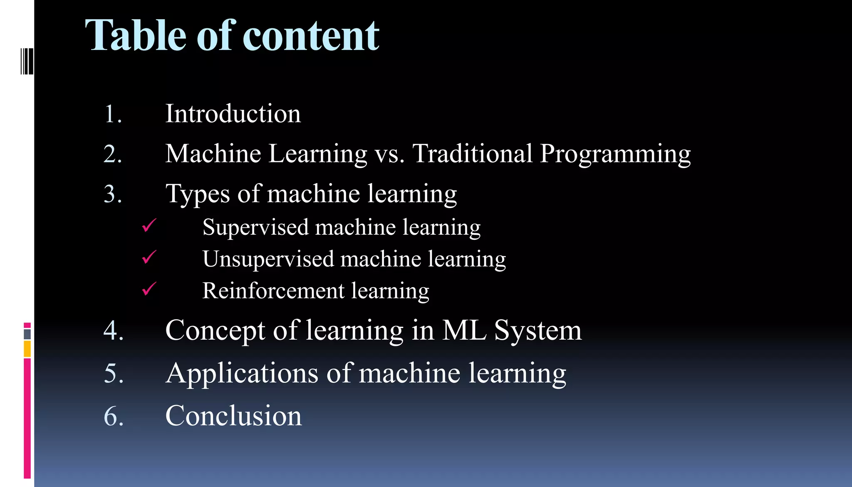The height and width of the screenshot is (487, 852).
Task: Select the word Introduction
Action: pos(233,114)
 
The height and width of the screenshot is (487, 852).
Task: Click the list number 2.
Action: pos(112,154)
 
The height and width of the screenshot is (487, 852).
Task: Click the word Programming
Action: pos(615,154)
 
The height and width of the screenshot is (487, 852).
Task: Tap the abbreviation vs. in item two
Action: pos(389,154)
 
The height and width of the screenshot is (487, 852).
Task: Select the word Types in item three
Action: pos(198,194)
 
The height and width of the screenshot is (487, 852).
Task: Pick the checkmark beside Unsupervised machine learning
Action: pos(149,257)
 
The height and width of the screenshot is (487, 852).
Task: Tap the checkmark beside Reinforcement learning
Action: pos(149,288)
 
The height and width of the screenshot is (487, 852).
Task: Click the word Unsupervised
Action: pos(268,259)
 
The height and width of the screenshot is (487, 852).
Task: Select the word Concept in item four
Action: pos(215,330)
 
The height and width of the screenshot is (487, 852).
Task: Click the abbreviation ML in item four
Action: pos(464,330)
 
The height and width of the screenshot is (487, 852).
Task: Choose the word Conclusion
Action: pos(233,415)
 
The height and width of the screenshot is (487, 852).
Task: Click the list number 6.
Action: pos(113,416)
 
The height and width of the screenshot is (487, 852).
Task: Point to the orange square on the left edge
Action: pos(27,349)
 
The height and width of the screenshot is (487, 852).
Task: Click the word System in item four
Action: pos(537,330)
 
